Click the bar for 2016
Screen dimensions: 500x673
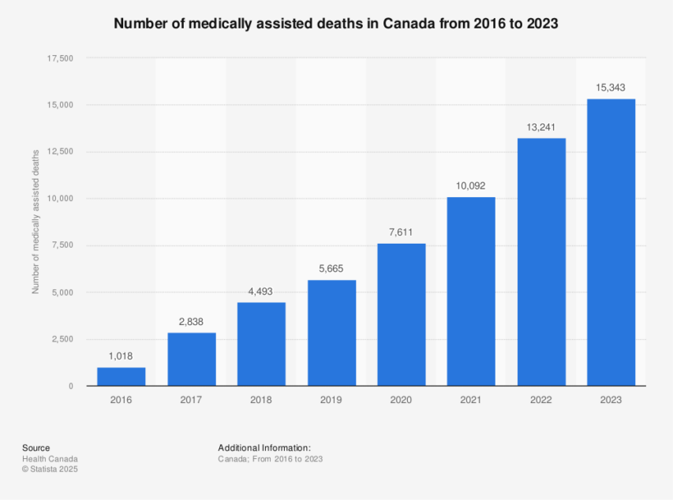pos(121,377)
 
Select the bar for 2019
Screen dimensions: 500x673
pos(331,333)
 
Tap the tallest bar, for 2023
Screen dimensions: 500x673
pos(611,242)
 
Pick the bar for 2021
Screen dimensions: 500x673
pos(471,292)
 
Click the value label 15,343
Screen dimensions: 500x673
pos(611,87)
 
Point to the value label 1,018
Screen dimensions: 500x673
pos(121,356)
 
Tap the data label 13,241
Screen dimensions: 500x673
pos(541,126)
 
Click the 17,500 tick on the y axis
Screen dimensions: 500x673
pos(61,58)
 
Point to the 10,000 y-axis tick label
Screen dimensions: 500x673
pos(61,199)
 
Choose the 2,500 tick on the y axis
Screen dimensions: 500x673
pos(63,339)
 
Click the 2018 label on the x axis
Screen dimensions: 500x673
pos(261,400)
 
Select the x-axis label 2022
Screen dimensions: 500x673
pos(541,400)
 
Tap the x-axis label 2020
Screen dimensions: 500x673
pos(401,400)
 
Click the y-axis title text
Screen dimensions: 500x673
pos(36,223)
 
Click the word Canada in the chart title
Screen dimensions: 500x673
pos(409,24)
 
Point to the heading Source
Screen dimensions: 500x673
pos(36,448)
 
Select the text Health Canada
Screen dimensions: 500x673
pos(50,459)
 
